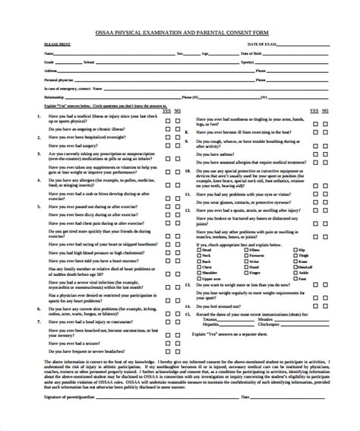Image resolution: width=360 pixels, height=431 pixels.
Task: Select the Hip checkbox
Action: tap(295, 249)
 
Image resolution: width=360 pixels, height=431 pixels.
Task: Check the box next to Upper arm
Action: tap(199, 279)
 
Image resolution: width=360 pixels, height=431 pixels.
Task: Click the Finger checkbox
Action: tap(245, 273)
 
